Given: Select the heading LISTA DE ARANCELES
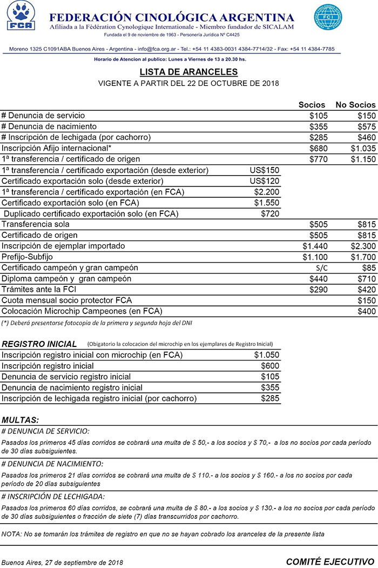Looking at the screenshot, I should pos(188,72).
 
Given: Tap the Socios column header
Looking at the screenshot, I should pos(312,105).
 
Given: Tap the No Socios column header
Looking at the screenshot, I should pos(355,105).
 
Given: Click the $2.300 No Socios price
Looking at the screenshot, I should pos(362,246).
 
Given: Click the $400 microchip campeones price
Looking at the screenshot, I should pos(367,311).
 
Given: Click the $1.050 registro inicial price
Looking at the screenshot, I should pos(266,355).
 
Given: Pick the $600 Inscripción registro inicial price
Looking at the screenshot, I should pos(269,366).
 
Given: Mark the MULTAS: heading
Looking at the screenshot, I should pos(21,419).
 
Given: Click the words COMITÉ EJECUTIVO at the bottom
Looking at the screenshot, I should pos(329,562).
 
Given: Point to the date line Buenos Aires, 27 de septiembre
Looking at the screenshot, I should pos(62,562).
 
